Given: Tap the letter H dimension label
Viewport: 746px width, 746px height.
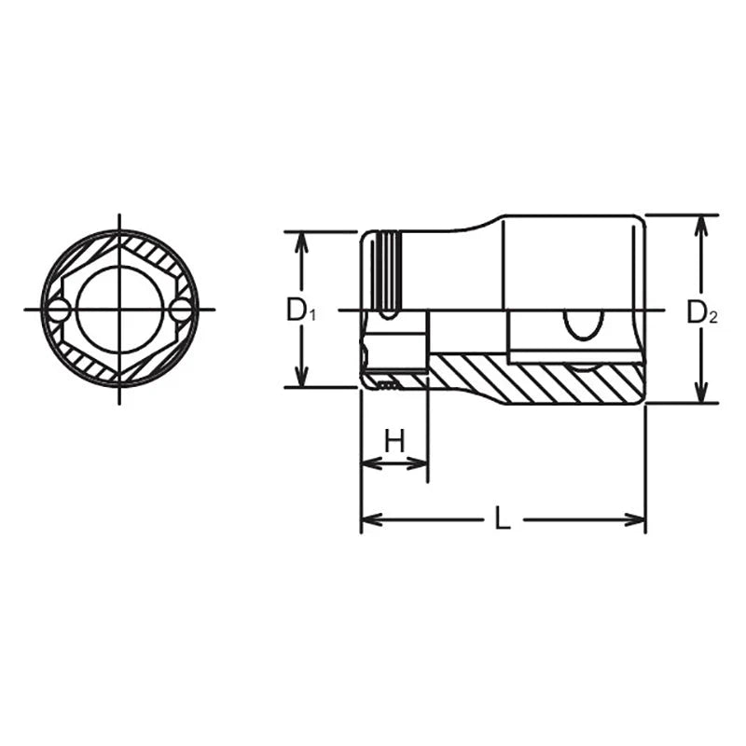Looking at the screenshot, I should tap(394, 440).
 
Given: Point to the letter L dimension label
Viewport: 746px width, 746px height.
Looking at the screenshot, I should tap(503, 519).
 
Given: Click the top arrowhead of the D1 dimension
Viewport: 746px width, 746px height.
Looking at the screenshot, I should tap(300, 240).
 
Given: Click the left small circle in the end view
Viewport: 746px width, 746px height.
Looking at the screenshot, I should tap(59, 310).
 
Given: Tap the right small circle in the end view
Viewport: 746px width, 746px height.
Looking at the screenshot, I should tap(180, 310).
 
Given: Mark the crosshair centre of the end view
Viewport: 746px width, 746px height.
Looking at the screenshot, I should tap(120, 310).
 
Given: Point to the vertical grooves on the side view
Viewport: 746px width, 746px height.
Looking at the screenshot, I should tap(387, 270).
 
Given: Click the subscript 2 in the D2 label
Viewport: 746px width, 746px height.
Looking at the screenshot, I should tap(713, 318).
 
